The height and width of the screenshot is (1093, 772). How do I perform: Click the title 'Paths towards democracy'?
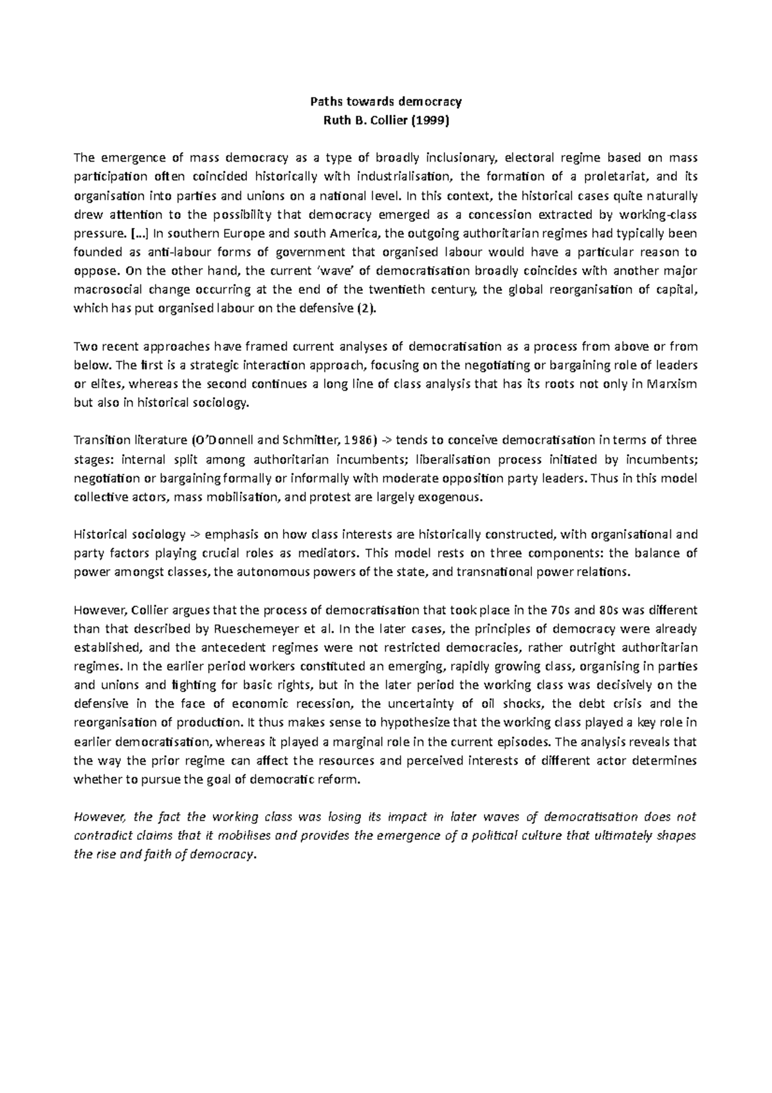tap(386, 102)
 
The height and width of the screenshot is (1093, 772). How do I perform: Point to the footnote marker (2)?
tap(364, 308)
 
